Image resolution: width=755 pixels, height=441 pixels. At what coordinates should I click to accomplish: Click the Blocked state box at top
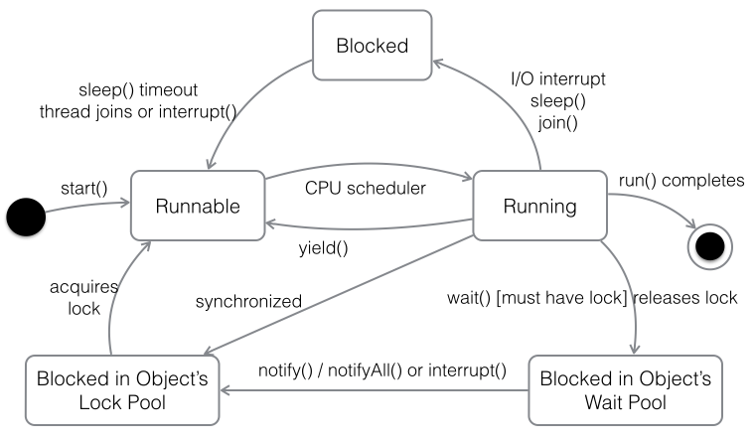point(373,46)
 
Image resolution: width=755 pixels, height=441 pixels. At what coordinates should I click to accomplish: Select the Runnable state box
point(198,206)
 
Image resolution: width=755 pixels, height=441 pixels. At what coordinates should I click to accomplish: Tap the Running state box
point(539,206)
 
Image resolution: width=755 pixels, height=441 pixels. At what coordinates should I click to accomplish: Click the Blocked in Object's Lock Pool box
point(122,390)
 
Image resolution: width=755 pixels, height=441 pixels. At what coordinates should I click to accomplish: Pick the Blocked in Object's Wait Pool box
point(626,390)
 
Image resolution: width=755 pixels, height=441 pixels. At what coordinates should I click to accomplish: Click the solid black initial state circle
point(26,217)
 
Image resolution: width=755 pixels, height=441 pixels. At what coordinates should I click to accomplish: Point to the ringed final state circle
point(709,246)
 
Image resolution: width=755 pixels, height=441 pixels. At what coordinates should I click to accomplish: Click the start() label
point(84,189)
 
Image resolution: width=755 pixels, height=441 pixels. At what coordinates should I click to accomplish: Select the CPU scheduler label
point(366,188)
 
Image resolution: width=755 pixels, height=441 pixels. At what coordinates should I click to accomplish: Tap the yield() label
point(323,248)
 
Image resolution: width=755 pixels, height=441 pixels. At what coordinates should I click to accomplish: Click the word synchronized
point(248,301)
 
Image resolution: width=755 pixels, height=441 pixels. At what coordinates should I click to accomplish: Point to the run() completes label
point(681,181)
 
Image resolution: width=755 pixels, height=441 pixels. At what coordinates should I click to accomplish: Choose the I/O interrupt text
point(558,78)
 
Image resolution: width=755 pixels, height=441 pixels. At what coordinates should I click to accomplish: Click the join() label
point(558,123)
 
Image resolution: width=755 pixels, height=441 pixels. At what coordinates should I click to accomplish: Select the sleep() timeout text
point(138,90)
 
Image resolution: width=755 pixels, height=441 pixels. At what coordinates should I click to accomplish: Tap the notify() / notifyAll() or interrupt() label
point(382,370)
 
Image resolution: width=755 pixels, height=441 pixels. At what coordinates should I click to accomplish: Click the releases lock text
point(685,298)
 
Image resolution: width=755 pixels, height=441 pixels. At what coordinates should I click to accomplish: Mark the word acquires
point(83,287)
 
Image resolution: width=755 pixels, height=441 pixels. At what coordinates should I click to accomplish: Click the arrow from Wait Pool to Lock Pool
point(375,390)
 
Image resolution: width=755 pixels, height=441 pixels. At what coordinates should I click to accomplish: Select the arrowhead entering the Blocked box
point(437,63)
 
